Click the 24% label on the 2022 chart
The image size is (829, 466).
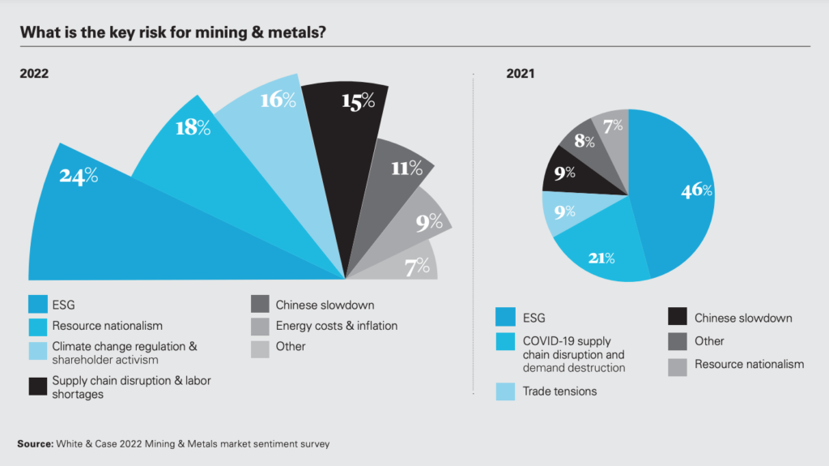point(79,175)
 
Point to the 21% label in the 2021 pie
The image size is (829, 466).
point(600,259)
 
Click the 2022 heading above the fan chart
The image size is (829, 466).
point(34,73)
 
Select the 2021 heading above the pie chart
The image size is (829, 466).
point(521,73)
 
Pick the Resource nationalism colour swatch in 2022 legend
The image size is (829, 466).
point(37,326)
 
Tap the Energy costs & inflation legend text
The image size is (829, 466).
point(336,326)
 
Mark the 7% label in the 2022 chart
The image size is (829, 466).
point(417,267)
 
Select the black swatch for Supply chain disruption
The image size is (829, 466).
point(37,387)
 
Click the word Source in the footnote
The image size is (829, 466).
point(33,444)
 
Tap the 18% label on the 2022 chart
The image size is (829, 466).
point(193,127)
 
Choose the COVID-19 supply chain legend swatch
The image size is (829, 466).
point(505,341)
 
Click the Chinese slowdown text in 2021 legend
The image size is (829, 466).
point(742,319)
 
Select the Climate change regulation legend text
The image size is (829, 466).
point(125,353)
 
